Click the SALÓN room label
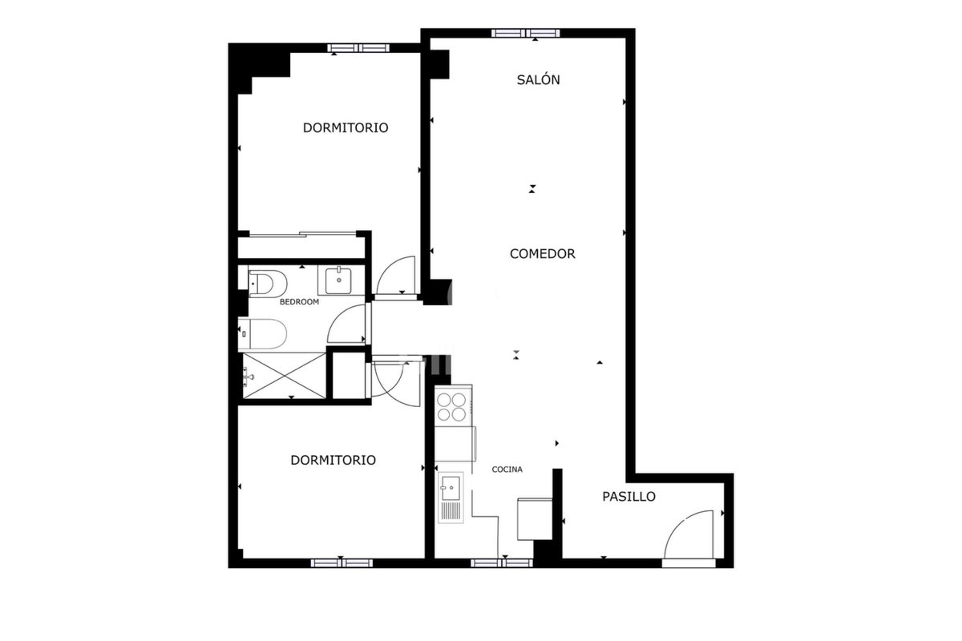(538, 80)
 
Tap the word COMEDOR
(543, 254)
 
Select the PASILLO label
(629, 497)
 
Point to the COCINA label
(507, 470)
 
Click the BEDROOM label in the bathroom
(299, 302)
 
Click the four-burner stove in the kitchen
(451, 407)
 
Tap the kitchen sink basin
(451, 488)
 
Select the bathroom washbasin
(338, 280)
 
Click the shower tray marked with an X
(285, 376)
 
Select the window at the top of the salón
(526, 33)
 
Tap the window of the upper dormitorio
(358, 47)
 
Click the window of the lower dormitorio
(342, 562)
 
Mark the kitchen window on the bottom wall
(502, 562)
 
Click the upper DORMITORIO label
(346, 128)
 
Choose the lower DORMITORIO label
(333, 460)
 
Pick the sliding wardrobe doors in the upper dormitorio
(303, 235)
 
